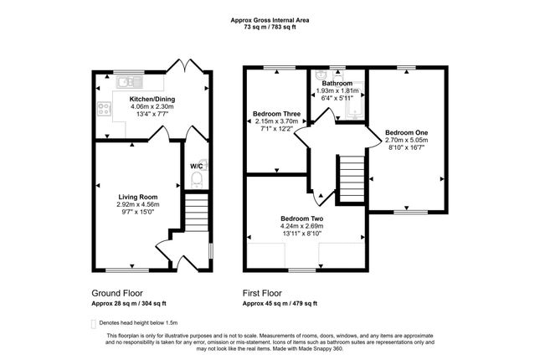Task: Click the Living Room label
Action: (x=138, y=197)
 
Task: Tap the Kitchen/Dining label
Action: (x=152, y=100)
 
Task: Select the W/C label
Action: (x=196, y=167)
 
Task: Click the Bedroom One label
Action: (x=406, y=132)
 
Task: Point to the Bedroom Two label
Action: (x=302, y=219)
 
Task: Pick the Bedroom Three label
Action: (x=276, y=114)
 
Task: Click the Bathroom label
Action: (x=337, y=84)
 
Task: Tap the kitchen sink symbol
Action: (x=129, y=82)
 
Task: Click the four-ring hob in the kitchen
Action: (x=104, y=109)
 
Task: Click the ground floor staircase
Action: (x=197, y=212)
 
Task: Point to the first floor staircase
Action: (x=352, y=179)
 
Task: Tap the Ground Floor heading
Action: (x=117, y=293)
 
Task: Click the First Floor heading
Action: (x=262, y=293)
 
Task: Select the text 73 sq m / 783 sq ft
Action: (x=270, y=27)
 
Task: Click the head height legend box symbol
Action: (x=93, y=324)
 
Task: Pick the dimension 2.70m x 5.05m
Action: (x=406, y=140)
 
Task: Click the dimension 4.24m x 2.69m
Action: (x=302, y=226)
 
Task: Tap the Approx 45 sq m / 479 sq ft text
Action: (x=280, y=304)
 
